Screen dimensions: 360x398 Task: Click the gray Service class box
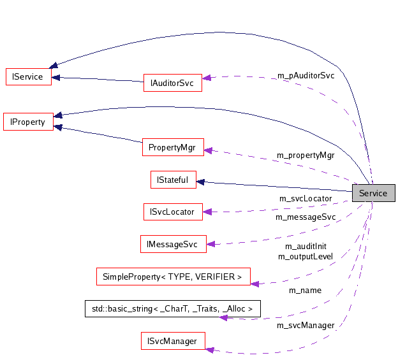373,193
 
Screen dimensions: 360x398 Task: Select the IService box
27,76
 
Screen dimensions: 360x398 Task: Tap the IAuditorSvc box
172,83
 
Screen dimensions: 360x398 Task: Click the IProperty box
28,121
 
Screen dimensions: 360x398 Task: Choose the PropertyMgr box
172,147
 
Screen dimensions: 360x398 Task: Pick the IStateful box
173,180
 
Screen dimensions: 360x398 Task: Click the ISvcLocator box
172,212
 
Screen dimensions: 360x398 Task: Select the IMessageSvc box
172,244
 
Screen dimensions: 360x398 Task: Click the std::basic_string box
172,308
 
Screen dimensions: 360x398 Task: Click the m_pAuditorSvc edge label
306,75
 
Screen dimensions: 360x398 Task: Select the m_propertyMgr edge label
305,155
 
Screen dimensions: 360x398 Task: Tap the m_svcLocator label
306,198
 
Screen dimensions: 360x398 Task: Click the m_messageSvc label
306,217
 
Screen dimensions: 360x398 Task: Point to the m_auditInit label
306,246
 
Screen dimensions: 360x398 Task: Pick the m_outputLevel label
306,256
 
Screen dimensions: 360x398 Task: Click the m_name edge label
306,290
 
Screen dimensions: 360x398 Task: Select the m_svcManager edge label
306,325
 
